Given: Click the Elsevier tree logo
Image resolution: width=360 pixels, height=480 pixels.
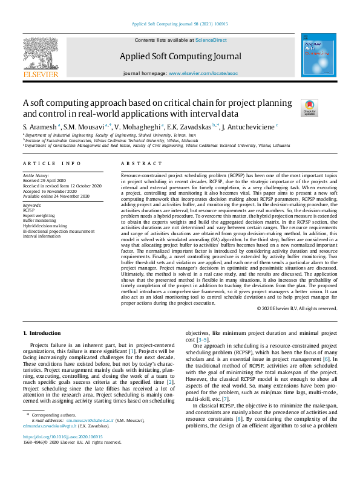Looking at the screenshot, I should tap(41, 54).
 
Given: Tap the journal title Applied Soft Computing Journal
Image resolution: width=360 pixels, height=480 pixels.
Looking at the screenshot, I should tap(179, 56).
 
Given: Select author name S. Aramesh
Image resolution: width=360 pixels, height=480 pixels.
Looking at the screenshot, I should tap(42, 127).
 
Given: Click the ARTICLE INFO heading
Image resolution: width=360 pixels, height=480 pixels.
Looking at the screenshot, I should tap(51, 164).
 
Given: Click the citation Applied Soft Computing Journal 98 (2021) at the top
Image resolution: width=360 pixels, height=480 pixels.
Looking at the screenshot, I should tap(179, 24).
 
